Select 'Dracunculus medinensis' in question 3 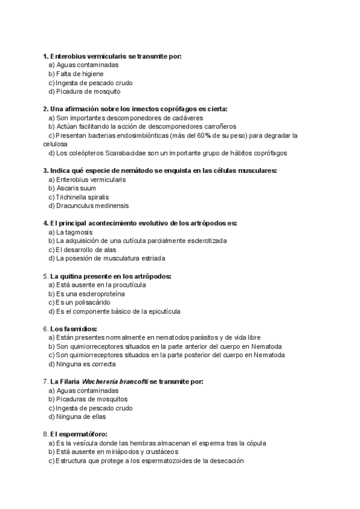click(91, 206)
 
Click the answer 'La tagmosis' click(74, 232)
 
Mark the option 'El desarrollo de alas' click(86, 250)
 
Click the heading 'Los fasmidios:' click(74, 328)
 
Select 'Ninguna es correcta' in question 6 click(85, 364)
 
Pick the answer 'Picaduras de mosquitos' click(92, 399)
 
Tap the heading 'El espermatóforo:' click(79, 434)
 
